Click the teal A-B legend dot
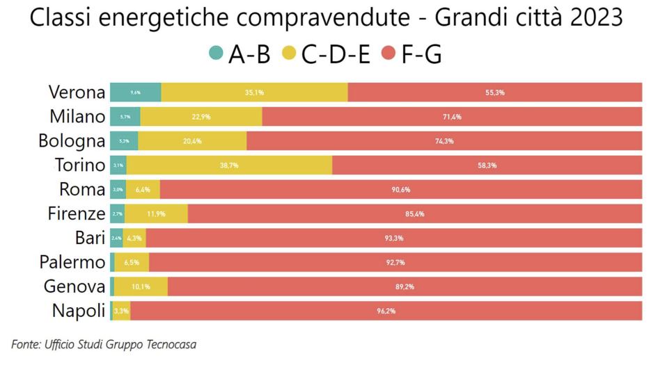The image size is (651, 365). (x=217, y=54)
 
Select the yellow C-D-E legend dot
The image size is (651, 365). (x=290, y=54)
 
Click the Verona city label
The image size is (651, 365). (x=77, y=92)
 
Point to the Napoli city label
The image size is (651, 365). (x=78, y=310)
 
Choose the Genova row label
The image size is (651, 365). (x=74, y=286)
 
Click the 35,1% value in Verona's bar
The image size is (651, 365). (x=254, y=92)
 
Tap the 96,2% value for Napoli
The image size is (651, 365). (x=386, y=311)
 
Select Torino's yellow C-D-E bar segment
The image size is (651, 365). (x=229, y=165)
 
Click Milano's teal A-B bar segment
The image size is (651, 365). (x=125, y=117)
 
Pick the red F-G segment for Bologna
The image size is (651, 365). (x=444, y=141)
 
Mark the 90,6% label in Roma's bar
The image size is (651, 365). (x=401, y=190)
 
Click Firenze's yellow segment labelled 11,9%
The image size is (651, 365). (x=156, y=214)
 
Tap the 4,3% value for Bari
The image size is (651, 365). (x=134, y=238)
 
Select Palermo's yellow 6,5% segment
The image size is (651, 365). (x=132, y=262)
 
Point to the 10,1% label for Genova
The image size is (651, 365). (x=141, y=286)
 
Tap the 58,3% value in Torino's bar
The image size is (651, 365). (x=487, y=165)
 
